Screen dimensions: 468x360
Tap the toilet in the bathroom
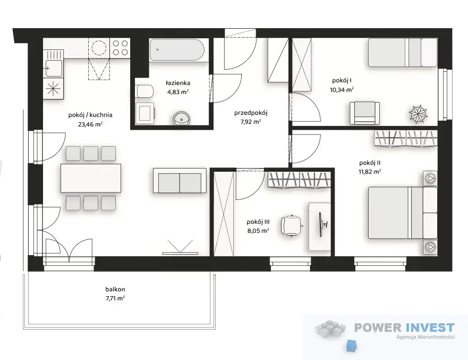[x=144, y=91]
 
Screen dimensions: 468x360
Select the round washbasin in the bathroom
[x=182, y=118]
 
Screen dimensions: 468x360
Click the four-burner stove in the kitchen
[x=120, y=48]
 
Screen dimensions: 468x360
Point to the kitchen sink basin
[x=54, y=68]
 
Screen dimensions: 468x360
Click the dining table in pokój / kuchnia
[x=91, y=178]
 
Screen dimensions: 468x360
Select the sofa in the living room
[x=180, y=181]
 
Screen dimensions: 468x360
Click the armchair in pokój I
[x=365, y=113]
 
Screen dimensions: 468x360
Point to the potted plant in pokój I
[x=418, y=114]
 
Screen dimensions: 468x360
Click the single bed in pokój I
[x=403, y=53]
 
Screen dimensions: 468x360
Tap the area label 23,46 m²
[x=90, y=124]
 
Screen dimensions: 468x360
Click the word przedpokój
[x=251, y=113]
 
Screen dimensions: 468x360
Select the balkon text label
[x=115, y=289]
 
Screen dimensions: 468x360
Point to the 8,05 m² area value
[x=258, y=231]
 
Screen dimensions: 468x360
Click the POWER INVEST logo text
[x=404, y=328]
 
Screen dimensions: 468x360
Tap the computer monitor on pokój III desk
[x=322, y=224]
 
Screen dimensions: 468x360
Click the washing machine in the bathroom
[x=145, y=113]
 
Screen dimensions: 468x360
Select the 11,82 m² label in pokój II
[x=370, y=172]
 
